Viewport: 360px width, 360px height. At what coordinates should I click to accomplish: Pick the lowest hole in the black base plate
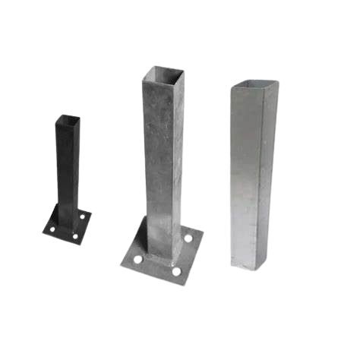(x=75, y=237)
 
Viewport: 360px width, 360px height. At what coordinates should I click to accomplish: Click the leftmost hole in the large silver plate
(x=137, y=259)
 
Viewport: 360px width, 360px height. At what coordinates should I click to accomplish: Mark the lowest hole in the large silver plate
(x=175, y=271)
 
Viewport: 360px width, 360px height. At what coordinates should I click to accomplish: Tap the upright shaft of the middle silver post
(x=162, y=152)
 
